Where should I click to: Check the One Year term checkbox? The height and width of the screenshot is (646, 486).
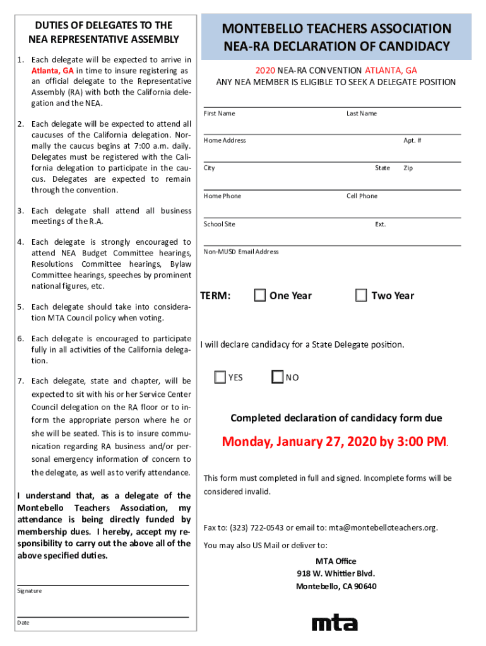pyautogui.click(x=260, y=295)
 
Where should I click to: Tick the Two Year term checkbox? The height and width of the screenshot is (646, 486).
pyautogui.click(x=361, y=295)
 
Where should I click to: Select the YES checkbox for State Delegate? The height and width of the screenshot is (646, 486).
pyautogui.click(x=220, y=377)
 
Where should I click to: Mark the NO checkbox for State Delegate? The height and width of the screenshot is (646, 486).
pyautogui.click(x=278, y=377)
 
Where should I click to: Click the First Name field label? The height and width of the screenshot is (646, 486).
pyautogui.click(x=220, y=114)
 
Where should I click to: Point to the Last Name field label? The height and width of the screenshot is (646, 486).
pyautogui.click(x=362, y=114)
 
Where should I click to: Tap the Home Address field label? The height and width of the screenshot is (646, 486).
pyautogui.click(x=225, y=141)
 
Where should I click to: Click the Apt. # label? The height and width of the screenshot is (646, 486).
pyautogui.click(x=413, y=141)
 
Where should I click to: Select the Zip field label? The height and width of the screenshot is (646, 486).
pyautogui.click(x=408, y=168)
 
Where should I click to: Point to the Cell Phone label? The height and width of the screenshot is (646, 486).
pyautogui.click(x=362, y=196)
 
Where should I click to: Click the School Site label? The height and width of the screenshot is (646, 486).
pyautogui.click(x=220, y=225)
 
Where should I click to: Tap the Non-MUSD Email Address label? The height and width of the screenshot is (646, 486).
pyautogui.click(x=241, y=252)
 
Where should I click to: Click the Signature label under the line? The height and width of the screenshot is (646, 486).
pyautogui.click(x=30, y=591)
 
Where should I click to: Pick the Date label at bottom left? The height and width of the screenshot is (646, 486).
pyautogui.click(x=23, y=623)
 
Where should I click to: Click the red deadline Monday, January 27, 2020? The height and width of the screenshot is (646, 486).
pyautogui.click(x=335, y=442)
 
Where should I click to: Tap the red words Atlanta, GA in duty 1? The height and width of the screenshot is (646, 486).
pyautogui.click(x=52, y=71)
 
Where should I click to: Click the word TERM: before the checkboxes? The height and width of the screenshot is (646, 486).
pyautogui.click(x=215, y=296)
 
